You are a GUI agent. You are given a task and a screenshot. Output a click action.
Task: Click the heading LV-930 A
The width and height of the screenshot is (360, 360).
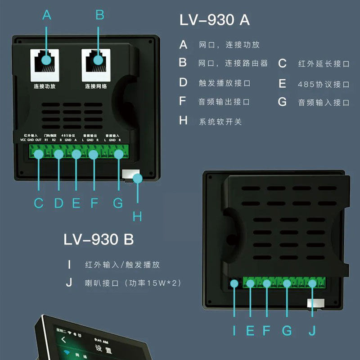pyautogui.click(x=214, y=20)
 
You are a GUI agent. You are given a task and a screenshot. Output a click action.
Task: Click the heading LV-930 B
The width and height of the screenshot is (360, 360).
pyautogui.click(x=99, y=239)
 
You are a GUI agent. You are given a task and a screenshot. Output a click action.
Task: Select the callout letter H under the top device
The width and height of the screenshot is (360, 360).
pyautogui.click(x=137, y=216)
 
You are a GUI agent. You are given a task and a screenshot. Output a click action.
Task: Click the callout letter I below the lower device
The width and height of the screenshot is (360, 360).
pyautogui.click(x=234, y=331)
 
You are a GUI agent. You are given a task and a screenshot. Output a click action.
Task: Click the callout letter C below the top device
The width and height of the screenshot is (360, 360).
pyautogui.click(x=39, y=203)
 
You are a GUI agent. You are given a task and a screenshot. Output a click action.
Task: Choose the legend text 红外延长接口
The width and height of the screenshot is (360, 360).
pyautogui.click(x=324, y=64)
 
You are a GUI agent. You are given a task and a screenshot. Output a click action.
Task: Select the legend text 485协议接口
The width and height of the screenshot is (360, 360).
pyautogui.click(x=324, y=84)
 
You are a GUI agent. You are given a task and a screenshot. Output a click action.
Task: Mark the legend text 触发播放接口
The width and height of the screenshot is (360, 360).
pyautogui.click(x=225, y=83)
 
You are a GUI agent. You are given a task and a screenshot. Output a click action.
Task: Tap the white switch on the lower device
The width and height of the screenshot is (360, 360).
pyautogui.click(x=315, y=303)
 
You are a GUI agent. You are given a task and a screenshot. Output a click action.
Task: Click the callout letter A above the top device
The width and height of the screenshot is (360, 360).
pyautogui.click(x=47, y=15)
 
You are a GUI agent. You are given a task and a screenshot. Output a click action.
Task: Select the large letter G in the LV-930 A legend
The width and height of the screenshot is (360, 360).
pyautogui.click(x=282, y=102)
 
